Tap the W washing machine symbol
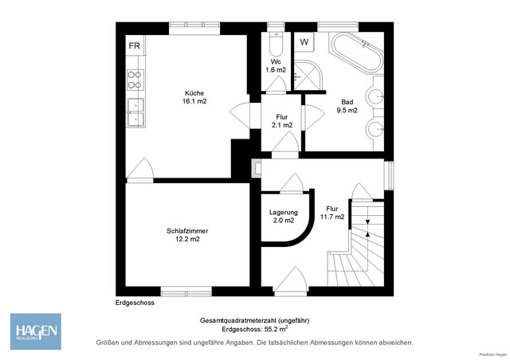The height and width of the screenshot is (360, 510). pyautogui.click(x=304, y=42)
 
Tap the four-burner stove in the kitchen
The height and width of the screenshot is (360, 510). pyautogui.click(x=135, y=79)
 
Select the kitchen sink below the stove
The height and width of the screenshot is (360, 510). pyautogui.click(x=135, y=112)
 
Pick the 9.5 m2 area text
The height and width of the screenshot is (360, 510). pyautogui.click(x=348, y=111)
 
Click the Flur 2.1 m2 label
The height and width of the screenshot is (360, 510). pyautogui.click(x=282, y=121)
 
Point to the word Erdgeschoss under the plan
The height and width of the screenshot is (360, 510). pyautogui.click(x=134, y=303)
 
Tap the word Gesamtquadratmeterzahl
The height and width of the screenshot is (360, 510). pyautogui.click(x=238, y=320)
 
